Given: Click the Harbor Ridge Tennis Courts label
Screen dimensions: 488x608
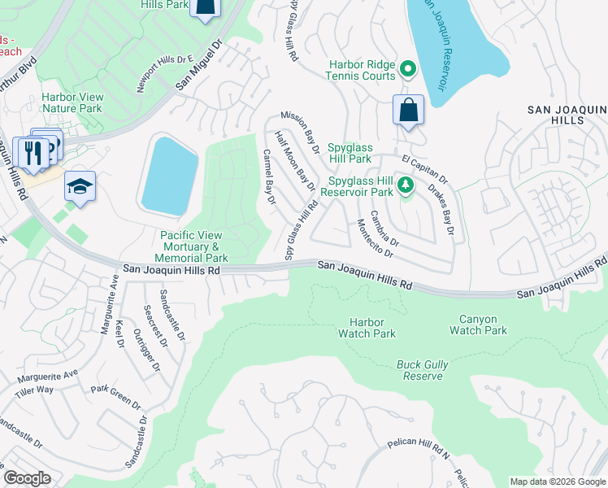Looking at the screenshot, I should pyautogui.click(x=362, y=70).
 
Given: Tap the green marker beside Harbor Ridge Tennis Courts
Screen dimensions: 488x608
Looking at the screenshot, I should pyautogui.click(x=409, y=70).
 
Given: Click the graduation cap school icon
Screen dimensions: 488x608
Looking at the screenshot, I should pyautogui.click(x=80, y=186).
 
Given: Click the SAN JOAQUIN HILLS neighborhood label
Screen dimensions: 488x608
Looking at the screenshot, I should pyautogui.click(x=567, y=115).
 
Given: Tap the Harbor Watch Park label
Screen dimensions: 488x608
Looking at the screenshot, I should pyautogui.click(x=367, y=328).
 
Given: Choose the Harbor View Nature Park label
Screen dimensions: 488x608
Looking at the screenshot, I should pyautogui.click(x=72, y=102).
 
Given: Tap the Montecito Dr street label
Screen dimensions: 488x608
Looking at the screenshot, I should pyautogui.click(x=375, y=238).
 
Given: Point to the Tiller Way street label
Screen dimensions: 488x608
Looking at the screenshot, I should pyautogui.click(x=34, y=391).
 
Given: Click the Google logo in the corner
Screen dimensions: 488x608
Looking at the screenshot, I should pyautogui.click(x=28, y=478).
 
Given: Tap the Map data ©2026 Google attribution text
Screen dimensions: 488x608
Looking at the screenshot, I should pyautogui.click(x=557, y=481).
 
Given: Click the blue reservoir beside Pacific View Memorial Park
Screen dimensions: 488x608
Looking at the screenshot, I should pyautogui.click(x=169, y=176).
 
